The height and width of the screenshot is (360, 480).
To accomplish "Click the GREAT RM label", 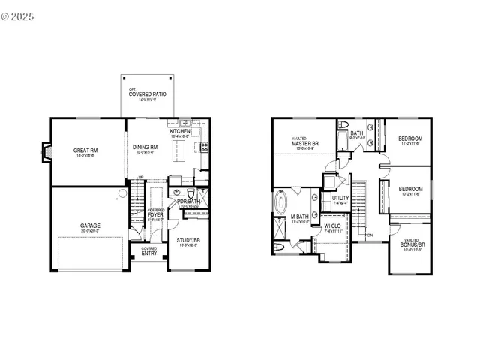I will click(x=82, y=151).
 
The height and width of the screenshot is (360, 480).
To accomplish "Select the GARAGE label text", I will click(x=91, y=225).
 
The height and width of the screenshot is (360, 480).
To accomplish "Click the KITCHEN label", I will click(x=181, y=132).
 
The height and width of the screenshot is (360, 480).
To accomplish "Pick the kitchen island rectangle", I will click(x=178, y=153).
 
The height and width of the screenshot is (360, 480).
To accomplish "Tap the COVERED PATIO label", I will click(x=147, y=94).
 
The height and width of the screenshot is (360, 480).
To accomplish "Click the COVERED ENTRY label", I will click(x=148, y=251).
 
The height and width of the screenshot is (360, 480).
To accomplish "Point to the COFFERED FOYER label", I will click(x=156, y=215).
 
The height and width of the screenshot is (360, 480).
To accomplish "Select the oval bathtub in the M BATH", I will click(x=281, y=203).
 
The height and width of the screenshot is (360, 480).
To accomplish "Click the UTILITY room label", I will click(x=340, y=198).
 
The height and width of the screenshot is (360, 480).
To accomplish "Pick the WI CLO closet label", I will click(x=333, y=226).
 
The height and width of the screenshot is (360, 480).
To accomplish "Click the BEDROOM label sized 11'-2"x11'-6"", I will click(x=410, y=139).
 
